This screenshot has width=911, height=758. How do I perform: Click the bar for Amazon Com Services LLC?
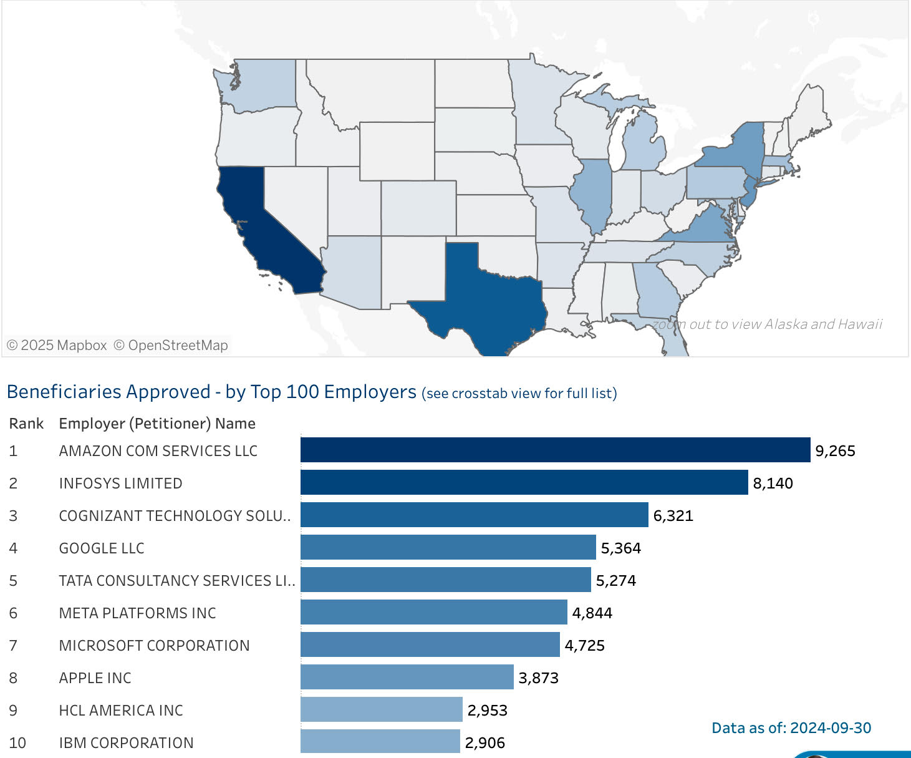(555, 450)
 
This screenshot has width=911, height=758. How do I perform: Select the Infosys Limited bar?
(524, 482)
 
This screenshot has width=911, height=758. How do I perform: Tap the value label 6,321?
(673, 516)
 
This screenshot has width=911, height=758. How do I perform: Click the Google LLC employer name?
(102, 548)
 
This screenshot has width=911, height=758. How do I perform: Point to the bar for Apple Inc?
(407, 677)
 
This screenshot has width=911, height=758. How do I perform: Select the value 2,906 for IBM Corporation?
(484, 742)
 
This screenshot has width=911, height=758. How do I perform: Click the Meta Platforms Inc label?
(137, 613)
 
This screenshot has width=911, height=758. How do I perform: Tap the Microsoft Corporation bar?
(430, 644)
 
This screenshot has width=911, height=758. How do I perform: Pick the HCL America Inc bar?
(381, 709)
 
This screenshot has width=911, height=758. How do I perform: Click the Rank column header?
(26, 424)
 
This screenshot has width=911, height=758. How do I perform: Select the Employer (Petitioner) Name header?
(157, 424)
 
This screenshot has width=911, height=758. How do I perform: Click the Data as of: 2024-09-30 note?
(791, 728)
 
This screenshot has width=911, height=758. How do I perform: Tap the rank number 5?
(13, 581)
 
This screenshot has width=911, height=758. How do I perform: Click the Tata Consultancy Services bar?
(445, 580)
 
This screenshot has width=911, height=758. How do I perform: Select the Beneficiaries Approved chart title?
(211, 392)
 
